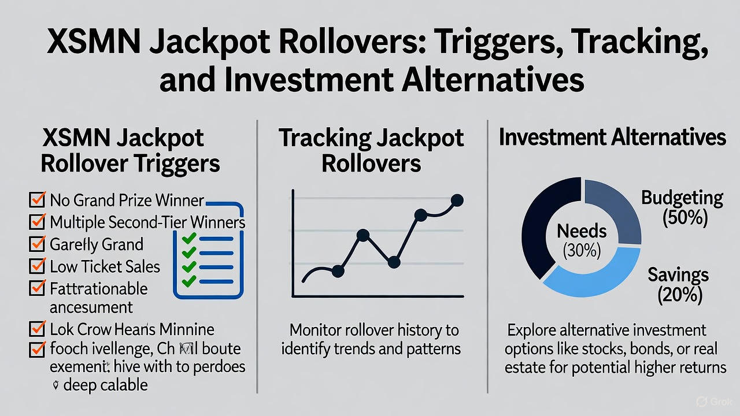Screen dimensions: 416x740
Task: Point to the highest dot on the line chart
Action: (x=457, y=200)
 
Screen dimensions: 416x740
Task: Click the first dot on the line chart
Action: (x=338, y=270)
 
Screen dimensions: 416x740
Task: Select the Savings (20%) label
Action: (x=678, y=284)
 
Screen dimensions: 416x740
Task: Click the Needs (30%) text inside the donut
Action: (x=582, y=240)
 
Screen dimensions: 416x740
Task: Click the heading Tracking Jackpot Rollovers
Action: (x=371, y=150)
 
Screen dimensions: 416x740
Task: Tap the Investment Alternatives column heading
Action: (x=612, y=138)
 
